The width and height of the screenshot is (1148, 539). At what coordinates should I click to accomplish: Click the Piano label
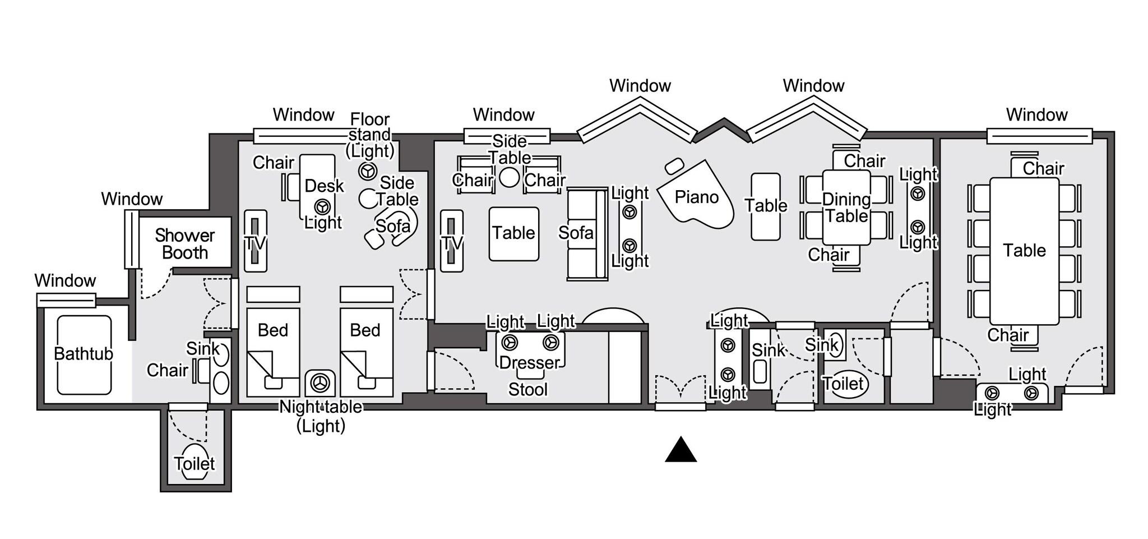pos(696,197)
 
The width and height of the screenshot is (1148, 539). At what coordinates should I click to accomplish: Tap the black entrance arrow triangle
pos(681,450)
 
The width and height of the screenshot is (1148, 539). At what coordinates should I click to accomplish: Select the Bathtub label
pos(83,354)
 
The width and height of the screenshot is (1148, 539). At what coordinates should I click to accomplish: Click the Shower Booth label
pos(185,244)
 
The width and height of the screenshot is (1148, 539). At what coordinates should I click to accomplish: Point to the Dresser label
pos(529,362)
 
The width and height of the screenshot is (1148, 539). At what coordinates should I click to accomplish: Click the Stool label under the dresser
pos(527,389)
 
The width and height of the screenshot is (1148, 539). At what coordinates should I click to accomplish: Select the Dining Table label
pos(846,208)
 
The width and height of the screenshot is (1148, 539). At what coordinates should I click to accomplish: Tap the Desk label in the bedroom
pos(324,186)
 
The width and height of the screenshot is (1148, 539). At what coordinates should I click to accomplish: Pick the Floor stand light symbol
pos(368,171)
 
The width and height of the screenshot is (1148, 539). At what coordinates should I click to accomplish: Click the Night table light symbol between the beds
pos(321,383)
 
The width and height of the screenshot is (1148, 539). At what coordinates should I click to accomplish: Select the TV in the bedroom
pos(255,241)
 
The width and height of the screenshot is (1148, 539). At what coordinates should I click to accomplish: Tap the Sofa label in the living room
pos(576,232)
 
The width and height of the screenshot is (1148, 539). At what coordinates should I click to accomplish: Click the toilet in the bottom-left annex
pos(194,463)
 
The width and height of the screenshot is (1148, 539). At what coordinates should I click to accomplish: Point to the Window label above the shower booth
pos(132,199)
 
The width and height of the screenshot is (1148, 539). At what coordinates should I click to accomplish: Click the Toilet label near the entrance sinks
pos(844,384)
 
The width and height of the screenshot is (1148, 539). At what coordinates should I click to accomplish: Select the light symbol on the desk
pos(321,206)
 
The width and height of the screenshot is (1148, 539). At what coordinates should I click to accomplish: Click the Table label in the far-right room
pos(1024,250)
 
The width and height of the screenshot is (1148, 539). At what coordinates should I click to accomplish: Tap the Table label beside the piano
pos(766,205)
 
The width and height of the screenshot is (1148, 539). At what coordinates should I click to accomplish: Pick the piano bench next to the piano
pos(674,166)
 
